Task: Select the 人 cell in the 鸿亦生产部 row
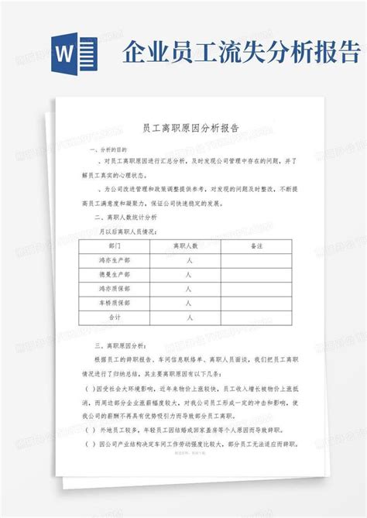[189, 261]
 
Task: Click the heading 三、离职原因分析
[115, 349]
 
